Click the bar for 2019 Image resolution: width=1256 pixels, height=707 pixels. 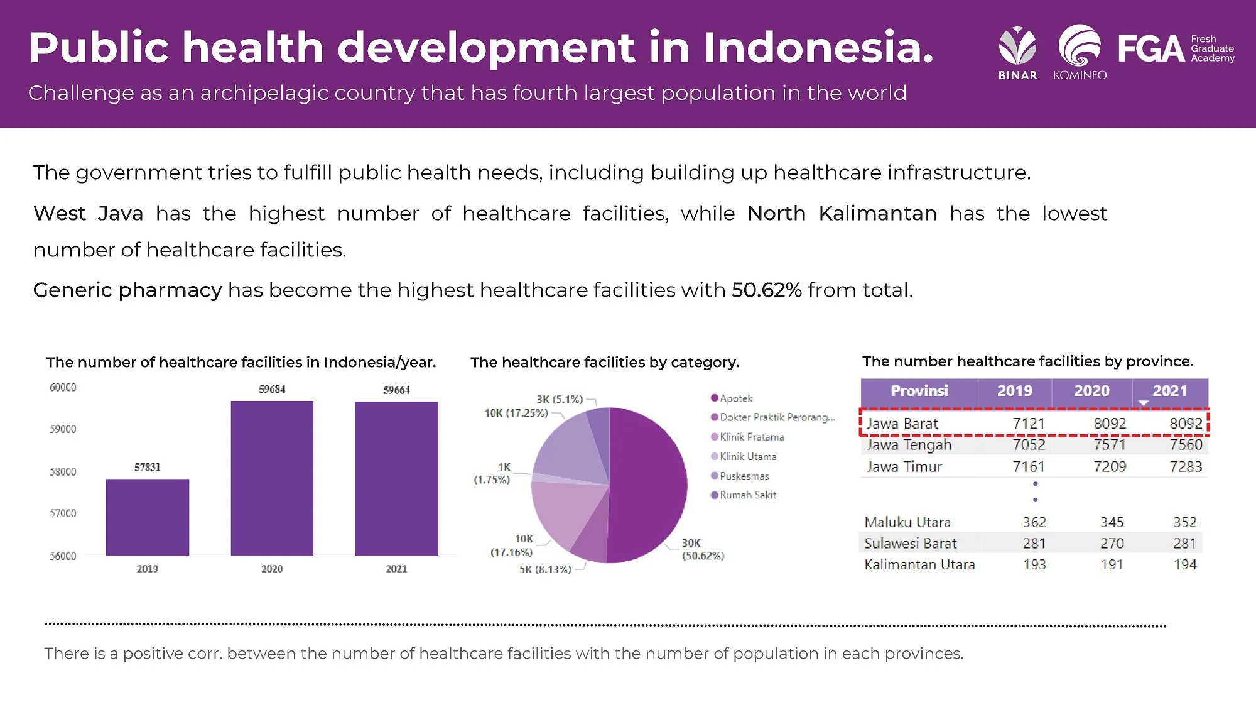coord(148,517)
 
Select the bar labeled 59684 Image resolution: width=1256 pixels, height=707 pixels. coord(272,478)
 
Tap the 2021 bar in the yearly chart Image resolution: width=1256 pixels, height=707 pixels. coord(396,478)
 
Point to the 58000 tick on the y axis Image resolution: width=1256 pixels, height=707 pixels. coord(63,471)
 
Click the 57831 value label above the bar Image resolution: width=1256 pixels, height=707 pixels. coord(148,467)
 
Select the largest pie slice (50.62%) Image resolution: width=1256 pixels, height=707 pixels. coord(647,485)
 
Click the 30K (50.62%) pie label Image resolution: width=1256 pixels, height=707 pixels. coord(703,549)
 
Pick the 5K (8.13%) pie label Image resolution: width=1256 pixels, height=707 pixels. coord(545,569)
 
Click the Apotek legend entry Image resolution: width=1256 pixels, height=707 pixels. coord(732,398)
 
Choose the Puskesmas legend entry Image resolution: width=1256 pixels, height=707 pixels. coord(740,476)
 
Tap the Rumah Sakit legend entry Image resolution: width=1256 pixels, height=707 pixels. coord(744,495)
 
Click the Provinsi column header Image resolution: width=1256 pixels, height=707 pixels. coord(919,391)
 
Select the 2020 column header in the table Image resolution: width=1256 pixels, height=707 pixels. coord(1092,391)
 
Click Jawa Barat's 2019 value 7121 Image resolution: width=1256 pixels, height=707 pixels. coord(1029,424)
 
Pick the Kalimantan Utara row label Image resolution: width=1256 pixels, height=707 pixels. coord(919,564)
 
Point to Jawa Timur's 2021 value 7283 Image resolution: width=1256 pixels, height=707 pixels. coord(1186,466)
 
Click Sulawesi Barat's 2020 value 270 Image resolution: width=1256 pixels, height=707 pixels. coord(1112,543)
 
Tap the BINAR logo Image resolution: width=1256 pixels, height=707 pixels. coord(1018,53)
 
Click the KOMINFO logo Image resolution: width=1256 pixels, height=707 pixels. coord(1080,53)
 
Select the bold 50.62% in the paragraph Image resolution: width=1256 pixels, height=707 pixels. coord(767,290)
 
